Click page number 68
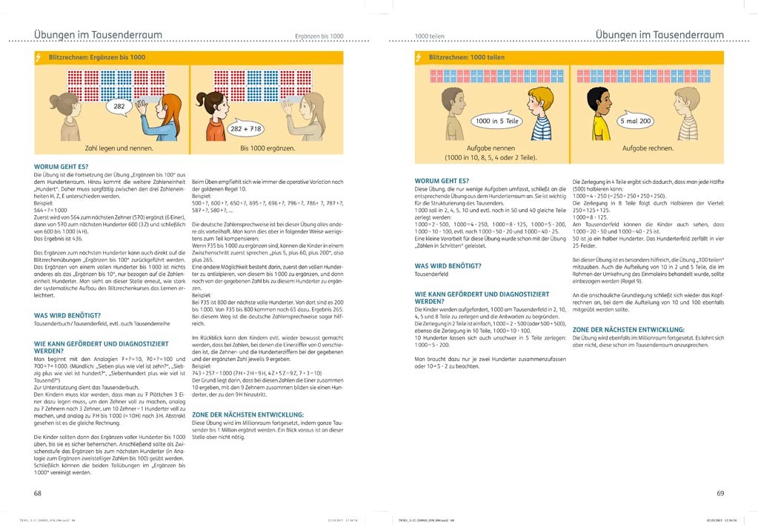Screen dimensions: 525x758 pyautogui.click(x=38, y=492)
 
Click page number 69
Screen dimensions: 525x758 pyautogui.click(x=719, y=492)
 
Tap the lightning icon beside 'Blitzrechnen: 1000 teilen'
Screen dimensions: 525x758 pyautogui.click(x=419, y=57)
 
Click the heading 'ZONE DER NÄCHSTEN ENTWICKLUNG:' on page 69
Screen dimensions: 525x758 pyautogui.click(x=628, y=329)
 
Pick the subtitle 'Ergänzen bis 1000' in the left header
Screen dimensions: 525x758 pyautogui.click(x=319, y=36)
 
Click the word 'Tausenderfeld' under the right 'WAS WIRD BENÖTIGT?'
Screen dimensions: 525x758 pyautogui.click(x=433, y=274)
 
